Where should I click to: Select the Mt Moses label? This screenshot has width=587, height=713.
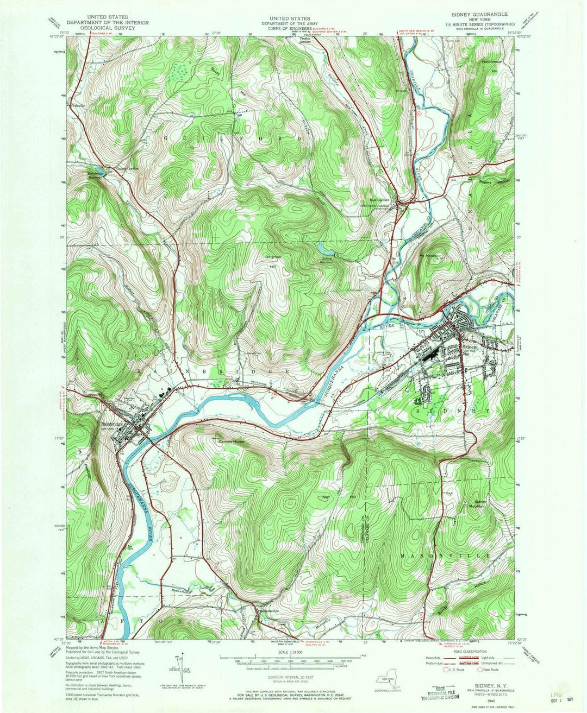pyautogui.click(x=428, y=256)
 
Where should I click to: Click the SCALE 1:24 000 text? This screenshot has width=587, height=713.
pyautogui.click(x=291, y=652)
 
